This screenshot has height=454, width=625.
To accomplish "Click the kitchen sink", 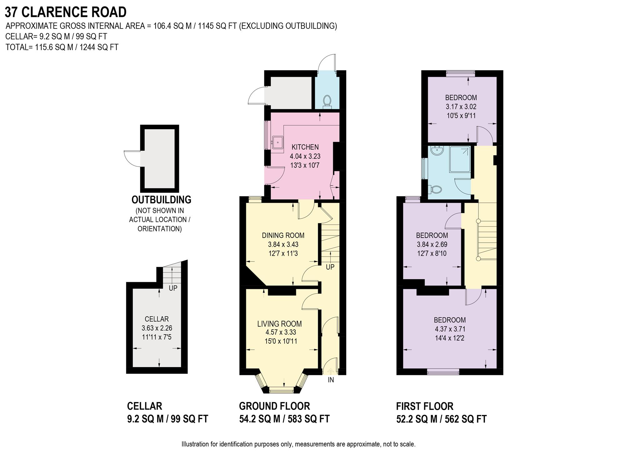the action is point(277,143).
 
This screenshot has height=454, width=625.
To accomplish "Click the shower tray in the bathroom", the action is point(460,159).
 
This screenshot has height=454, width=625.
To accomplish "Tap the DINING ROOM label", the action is point(283,235).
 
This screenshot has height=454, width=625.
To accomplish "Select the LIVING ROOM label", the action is point(279,324).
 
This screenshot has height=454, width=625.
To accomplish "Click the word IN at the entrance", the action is point(331,380).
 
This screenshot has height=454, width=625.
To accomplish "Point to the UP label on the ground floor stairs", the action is point(330,267).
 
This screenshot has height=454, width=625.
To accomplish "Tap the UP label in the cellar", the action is point(173,288).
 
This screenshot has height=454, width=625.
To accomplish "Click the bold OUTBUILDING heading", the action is point(161,199).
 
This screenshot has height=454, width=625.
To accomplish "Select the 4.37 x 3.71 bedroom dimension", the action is point(450,329).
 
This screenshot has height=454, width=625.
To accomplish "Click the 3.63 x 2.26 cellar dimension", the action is point(157,328).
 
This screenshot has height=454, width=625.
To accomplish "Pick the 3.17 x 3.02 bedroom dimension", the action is point(461,107).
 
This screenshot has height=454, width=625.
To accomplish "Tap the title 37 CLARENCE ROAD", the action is point(66,12).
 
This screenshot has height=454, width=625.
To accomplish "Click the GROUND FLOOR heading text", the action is point(274,406).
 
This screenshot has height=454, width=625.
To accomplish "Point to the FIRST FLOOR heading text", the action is point(425,406).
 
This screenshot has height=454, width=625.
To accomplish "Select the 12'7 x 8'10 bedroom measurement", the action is point(432,254).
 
